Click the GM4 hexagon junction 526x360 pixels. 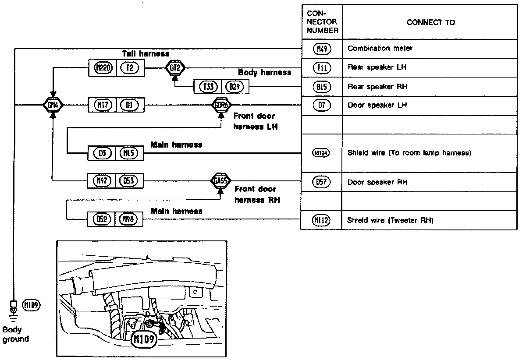(x=53, y=105)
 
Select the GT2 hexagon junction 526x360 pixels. (x=175, y=68)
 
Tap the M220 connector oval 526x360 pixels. (x=103, y=68)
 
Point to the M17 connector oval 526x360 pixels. (x=103, y=105)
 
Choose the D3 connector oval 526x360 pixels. (x=103, y=153)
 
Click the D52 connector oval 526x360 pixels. (x=103, y=219)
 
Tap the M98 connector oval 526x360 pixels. (x=130, y=219)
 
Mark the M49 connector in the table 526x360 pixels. (x=322, y=49)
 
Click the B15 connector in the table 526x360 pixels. (x=322, y=87)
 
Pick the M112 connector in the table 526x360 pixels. (x=321, y=220)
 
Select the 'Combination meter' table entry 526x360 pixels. (x=374, y=49)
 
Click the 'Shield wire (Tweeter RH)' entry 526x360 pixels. (x=390, y=220)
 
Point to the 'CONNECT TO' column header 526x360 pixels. (x=430, y=23)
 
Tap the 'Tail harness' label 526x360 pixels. (x=145, y=54)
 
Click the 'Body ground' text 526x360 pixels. (x=16, y=334)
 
